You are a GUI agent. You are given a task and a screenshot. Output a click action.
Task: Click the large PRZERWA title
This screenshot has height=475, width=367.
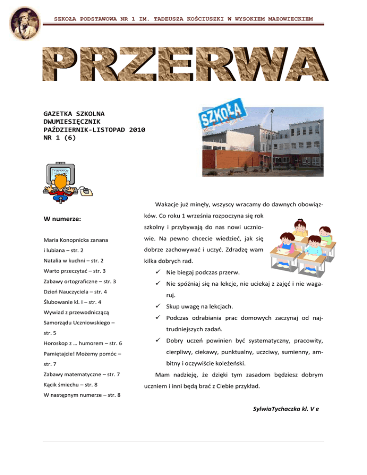pyautogui.click(x=184, y=65)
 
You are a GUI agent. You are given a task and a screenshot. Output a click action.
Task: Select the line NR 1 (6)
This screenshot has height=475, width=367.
pyautogui.click(x=59, y=138)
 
